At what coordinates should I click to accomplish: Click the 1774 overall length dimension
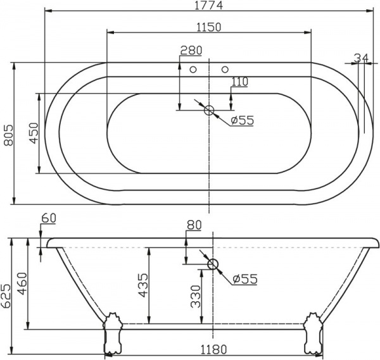pyautogui.click(x=209, y=6)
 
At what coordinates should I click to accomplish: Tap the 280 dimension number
pyautogui.click(x=191, y=51)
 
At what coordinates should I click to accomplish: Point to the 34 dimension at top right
pyautogui.click(x=361, y=58)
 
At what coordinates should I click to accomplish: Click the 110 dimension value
pyautogui.click(x=239, y=82)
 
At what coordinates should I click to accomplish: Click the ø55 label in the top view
pyautogui.click(x=242, y=120)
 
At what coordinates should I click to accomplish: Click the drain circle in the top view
pyautogui.click(x=209, y=111)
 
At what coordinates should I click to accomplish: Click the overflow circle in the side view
pyautogui.click(x=213, y=264)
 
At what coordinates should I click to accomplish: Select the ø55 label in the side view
pyautogui.click(x=244, y=279)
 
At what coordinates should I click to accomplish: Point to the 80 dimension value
pyautogui.click(x=194, y=224)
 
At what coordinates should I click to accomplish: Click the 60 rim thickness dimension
pyautogui.click(x=49, y=218)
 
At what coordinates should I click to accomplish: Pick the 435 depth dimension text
pyautogui.click(x=142, y=286)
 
